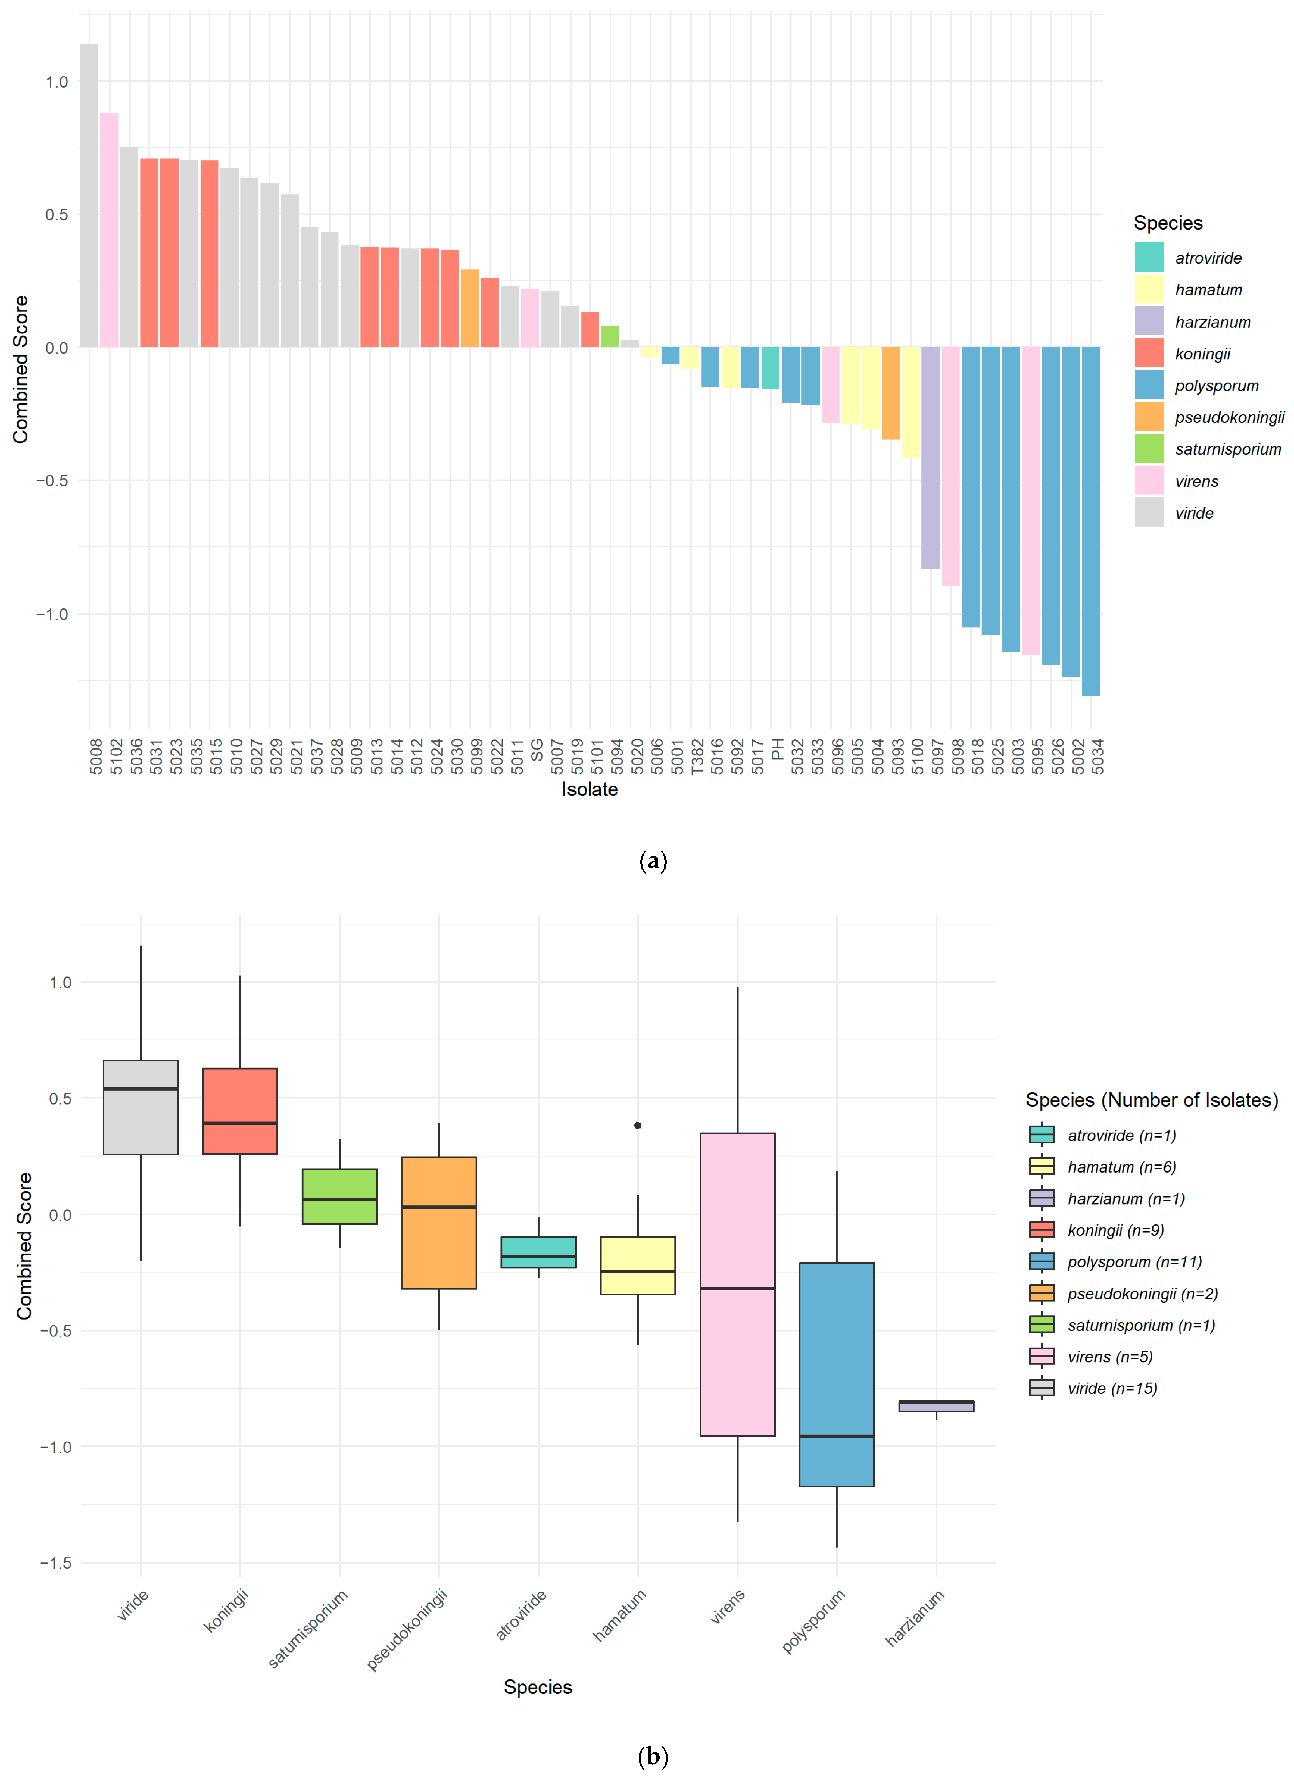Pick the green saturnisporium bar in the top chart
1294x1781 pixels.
click(x=610, y=336)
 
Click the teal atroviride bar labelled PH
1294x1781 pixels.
click(x=770, y=367)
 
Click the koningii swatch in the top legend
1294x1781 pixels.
click(x=1149, y=353)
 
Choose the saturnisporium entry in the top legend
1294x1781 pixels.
click(x=1227, y=449)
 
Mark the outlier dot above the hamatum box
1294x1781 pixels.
click(x=638, y=1125)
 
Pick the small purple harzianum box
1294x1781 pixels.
click(x=936, y=1406)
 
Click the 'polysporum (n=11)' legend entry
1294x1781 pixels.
click(x=1134, y=1262)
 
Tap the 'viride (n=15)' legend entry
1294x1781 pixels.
click(x=1112, y=1388)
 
